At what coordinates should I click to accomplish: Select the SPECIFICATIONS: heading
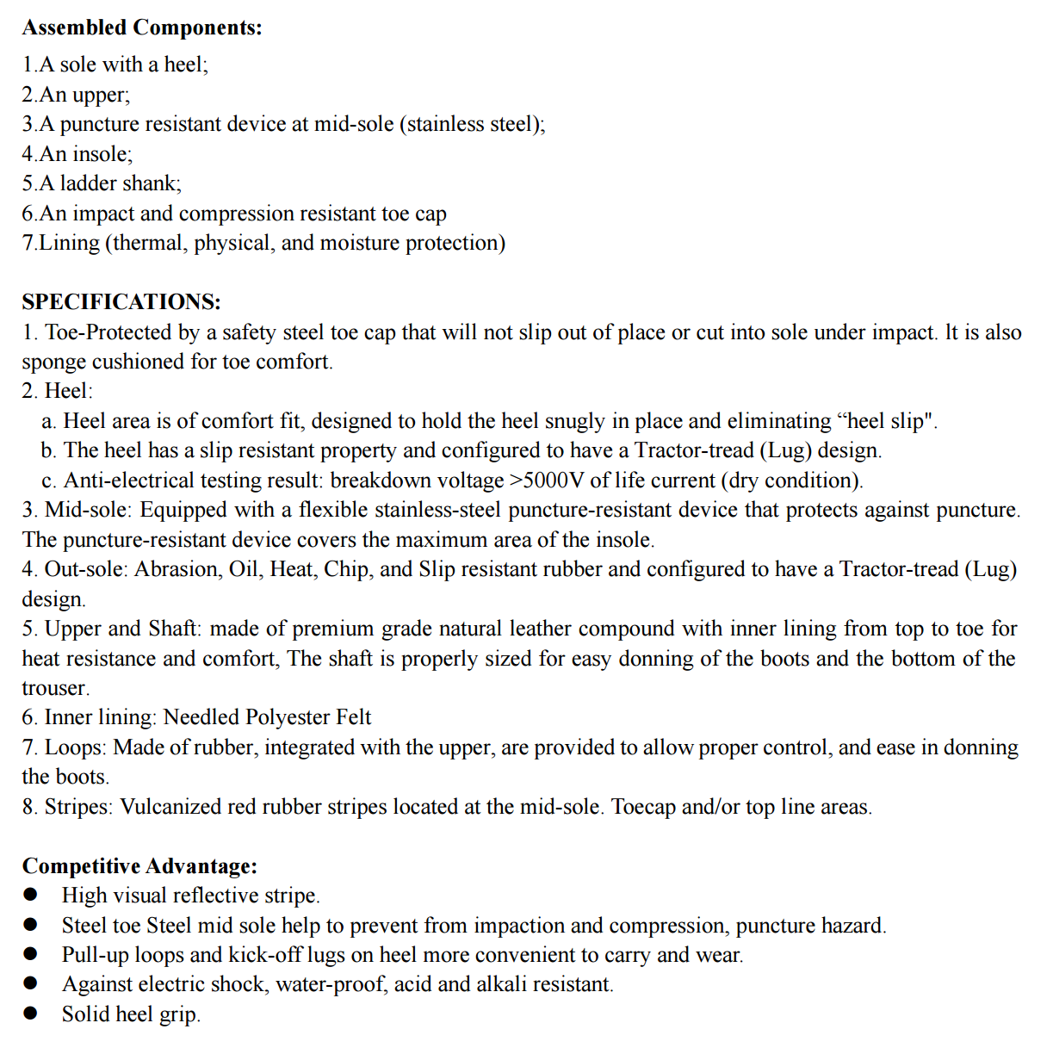click(x=121, y=302)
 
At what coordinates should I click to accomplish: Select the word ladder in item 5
click(x=88, y=183)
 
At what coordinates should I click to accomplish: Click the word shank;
click(x=152, y=183)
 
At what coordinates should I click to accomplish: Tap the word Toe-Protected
click(x=108, y=332)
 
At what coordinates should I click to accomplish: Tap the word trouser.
click(x=55, y=688)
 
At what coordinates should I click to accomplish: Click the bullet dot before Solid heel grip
click(x=31, y=1014)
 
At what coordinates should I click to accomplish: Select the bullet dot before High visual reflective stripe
click(x=31, y=895)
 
